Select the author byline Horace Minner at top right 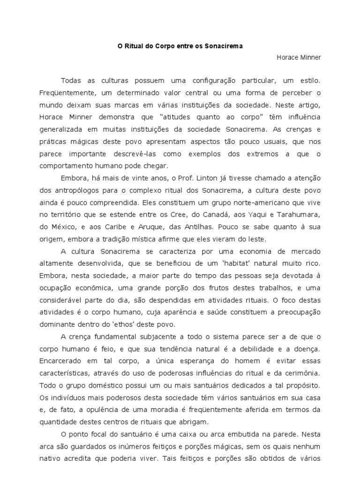pos(299,57)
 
